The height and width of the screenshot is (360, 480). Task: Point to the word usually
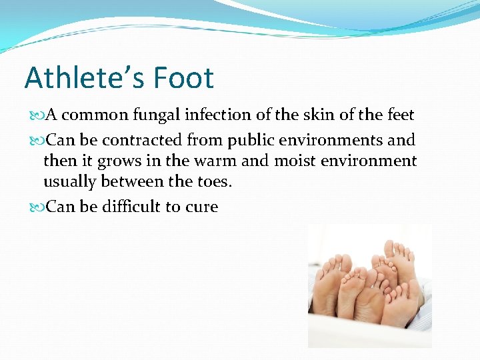69,182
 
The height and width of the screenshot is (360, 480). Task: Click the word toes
211,182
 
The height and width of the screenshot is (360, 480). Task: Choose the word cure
201,207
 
